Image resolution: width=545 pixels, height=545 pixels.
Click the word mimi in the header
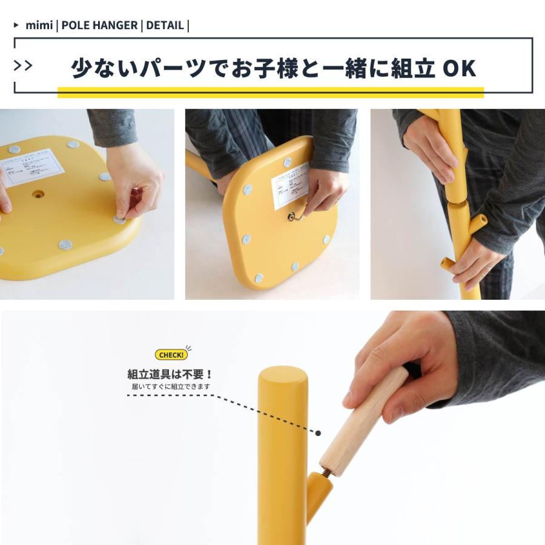click(x=39, y=25)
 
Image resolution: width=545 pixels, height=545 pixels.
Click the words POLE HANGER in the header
click(x=99, y=25)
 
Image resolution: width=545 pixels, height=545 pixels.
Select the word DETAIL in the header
click(x=164, y=25)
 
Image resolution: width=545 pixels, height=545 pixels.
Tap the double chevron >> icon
click(x=23, y=65)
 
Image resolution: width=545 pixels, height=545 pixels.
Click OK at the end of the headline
click(x=460, y=69)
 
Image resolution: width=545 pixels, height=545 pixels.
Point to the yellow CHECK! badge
click(x=171, y=354)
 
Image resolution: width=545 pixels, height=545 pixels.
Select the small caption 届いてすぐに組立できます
click(x=171, y=386)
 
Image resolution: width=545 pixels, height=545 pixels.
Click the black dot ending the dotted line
click(x=318, y=432)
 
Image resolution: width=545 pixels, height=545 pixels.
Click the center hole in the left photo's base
click(x=38, y=195)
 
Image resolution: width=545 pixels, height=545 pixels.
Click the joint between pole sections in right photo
click(x=455, y=202)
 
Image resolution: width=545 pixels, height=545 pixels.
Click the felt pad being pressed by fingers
click(x=121, y=218)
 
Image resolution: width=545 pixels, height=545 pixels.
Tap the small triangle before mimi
click(x=16, y=25)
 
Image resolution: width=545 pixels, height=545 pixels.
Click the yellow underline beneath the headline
click(x=270, y=92)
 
